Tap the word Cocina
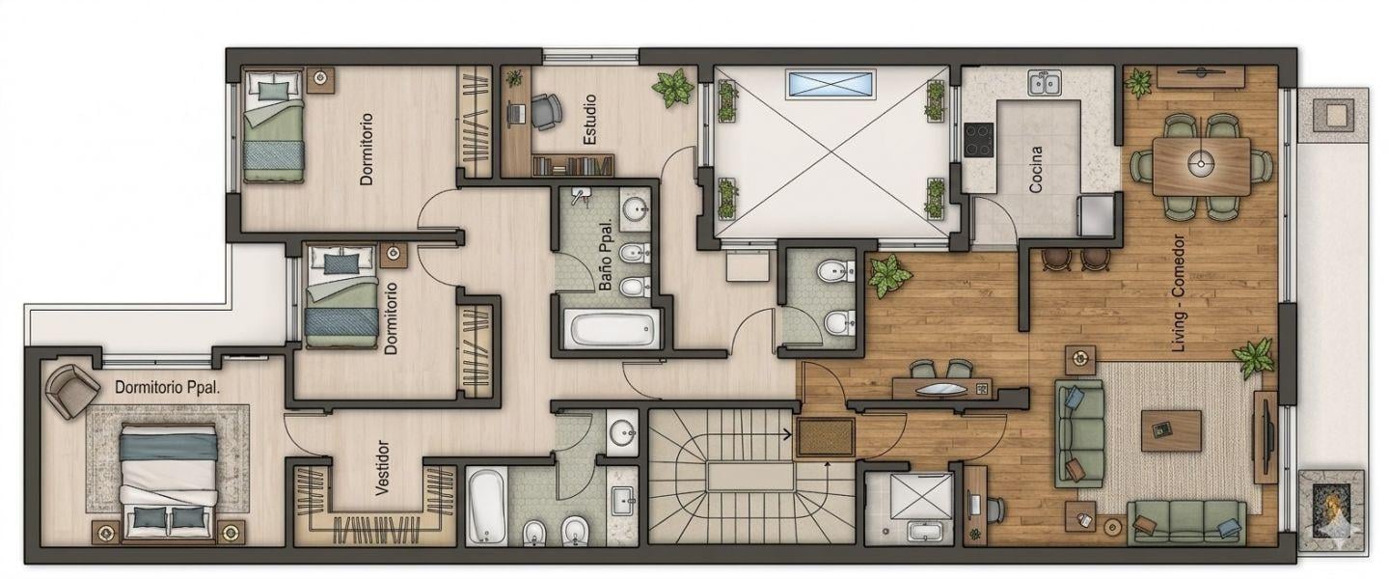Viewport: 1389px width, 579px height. click(1035, 169)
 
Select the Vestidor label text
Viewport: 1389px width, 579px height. click(383, 468)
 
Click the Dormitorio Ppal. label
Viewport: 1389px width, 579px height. click(168, 388)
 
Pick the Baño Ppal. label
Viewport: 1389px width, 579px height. click(607, 255)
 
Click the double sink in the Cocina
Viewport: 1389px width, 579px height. click(1045, 83)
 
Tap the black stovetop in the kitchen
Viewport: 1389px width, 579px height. click(978, 140)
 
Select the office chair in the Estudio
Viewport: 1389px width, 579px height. click(546, 112)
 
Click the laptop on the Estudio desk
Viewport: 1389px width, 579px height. click(516, 112)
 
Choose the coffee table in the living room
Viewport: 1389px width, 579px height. click(1171, 430)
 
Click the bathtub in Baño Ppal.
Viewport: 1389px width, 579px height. click(613, 329)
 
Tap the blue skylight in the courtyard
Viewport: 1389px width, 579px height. click(831, 84)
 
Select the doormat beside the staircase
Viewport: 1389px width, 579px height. click(826, 437)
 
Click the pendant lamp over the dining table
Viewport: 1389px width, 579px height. click(1201, 163)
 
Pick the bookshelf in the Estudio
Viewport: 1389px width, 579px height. click(572, 166)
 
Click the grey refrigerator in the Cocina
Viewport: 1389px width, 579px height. click(1098, 215)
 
